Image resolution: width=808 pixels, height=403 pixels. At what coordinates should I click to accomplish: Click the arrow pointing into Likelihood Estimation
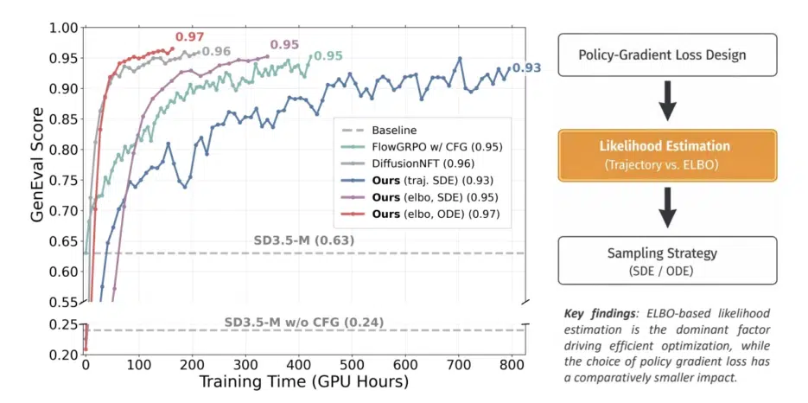tap(667, 106)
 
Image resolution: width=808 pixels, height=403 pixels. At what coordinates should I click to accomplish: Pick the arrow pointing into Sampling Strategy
tap(667, 208)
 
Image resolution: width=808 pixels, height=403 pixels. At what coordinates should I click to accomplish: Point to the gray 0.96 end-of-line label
tap(217, 51)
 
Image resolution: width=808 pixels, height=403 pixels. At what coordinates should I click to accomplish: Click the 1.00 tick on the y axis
tap(63, 28)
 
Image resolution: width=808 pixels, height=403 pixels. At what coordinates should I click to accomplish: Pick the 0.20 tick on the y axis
tap(63, 355)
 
